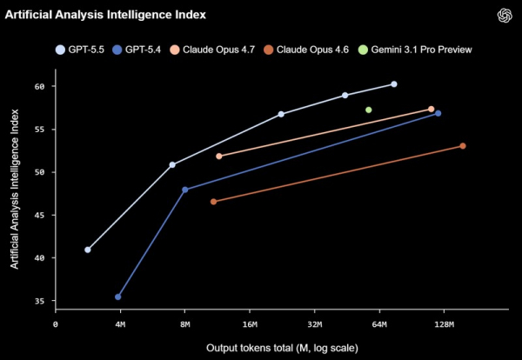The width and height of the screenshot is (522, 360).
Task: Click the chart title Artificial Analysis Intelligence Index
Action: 105,15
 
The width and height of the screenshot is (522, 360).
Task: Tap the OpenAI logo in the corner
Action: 505,16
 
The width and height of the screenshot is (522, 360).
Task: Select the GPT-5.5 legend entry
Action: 80,50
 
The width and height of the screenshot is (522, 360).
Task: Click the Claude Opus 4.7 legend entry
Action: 212,50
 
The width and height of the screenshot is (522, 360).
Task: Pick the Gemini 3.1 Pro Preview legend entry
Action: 415,50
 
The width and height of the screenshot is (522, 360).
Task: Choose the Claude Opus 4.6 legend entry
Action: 306,50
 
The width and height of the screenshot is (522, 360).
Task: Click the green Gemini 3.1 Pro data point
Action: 369,110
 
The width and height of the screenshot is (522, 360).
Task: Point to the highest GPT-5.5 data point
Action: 394,84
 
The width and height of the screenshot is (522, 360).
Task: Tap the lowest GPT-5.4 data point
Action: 117,297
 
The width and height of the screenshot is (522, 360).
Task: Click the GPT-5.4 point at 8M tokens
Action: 184,190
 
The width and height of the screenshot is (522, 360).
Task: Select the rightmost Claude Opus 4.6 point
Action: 463,146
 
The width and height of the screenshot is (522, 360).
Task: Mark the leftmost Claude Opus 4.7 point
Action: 218,156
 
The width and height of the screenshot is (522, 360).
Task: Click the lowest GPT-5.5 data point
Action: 88,250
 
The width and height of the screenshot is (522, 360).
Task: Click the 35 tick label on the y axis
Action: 39,301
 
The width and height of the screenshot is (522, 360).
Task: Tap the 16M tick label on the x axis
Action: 250,324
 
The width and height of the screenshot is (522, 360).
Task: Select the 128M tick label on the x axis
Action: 444,324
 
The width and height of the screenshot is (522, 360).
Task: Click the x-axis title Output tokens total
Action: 282,349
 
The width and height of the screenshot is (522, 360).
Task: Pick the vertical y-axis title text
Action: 14,189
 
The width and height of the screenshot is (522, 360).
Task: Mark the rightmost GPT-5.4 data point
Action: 438,113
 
